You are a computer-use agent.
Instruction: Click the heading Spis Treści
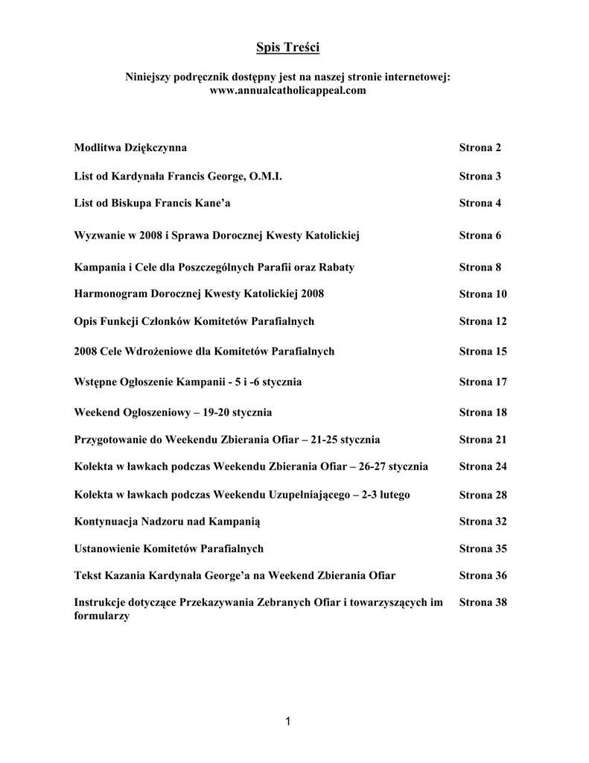point(287,48)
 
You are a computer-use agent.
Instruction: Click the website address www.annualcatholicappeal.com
point(287,90)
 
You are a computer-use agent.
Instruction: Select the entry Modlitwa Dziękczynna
point(130,148)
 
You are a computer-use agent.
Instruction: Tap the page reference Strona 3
point(480,177)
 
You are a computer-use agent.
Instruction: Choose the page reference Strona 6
point(480,235)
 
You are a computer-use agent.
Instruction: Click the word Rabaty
point(336,267)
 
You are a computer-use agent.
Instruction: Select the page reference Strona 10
point(483,294)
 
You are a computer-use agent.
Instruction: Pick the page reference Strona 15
point(483,351)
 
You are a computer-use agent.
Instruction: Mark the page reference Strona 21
point(483,440)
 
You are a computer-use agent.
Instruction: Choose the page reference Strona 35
point(483,548)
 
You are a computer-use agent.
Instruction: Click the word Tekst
point(89,575)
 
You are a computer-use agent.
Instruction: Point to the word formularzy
point(102,616)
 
